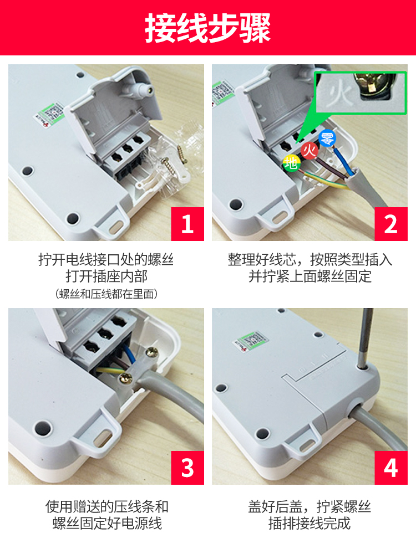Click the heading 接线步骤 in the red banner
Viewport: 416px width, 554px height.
pyautogui.click(x=208, y=28)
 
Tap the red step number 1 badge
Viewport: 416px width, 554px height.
pyautogui.click(x=187, y=224)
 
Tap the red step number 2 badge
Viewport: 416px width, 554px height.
pyautogui.click(x=391, y=224)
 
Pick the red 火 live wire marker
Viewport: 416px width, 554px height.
pyautogui.click(x=310, y=150)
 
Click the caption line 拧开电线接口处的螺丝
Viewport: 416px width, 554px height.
pyautogui.click(x=106, y=259)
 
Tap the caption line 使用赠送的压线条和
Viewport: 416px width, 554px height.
pyautogui.click(x=106, y=506)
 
